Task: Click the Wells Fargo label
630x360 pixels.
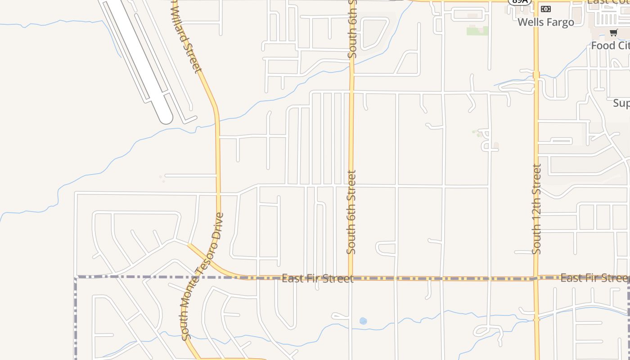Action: pos(545,22)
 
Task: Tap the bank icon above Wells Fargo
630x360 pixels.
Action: pos(545,9)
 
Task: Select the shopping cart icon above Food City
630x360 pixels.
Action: pos(613,32)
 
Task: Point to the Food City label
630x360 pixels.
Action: pos(610,45)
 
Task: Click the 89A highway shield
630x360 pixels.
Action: pos(520,2)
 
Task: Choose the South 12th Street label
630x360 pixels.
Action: pos(536,209)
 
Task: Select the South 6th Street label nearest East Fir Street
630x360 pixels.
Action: pos(351,211)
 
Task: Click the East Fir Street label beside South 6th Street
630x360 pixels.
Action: pos(317,279)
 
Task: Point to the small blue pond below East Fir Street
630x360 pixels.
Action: pos(363,321)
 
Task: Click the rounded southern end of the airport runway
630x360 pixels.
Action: pos(166,118)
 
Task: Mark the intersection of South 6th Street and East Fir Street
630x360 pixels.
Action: pos(351,278)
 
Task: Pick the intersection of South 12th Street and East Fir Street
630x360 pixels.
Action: pos(536,278)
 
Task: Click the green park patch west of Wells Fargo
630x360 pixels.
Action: pos(477,31)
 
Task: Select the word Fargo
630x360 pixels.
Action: pos(560,22)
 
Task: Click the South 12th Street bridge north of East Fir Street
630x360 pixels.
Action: pos(536,75)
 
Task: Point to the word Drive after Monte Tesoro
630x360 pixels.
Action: pos(218,227)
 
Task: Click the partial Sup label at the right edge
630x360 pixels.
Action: pos(621,103)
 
